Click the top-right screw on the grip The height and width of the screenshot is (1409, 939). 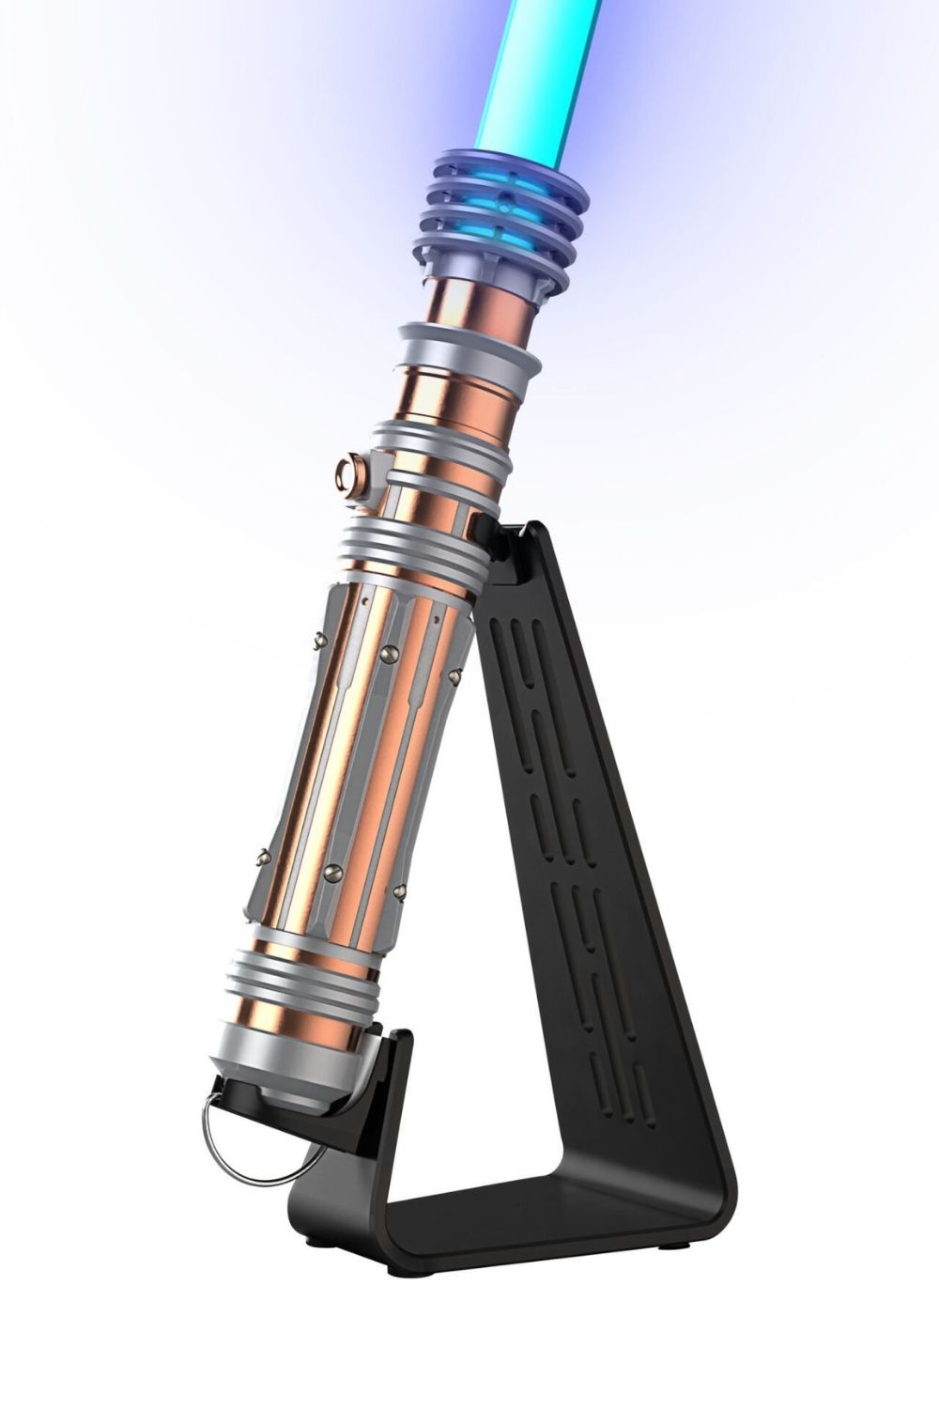tap(454, 674)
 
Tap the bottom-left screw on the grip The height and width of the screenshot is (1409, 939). tap(263, 857)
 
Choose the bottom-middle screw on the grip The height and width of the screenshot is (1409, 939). tap(331, 873)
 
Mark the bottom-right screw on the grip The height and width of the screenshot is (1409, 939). tap(399, 889)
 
